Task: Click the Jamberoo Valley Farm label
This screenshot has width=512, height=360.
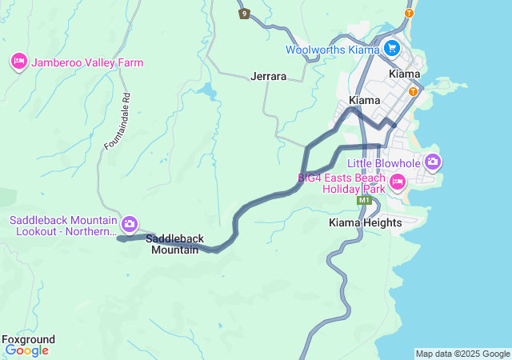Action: [87, 62]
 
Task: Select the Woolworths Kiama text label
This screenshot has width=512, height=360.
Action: [332, 50]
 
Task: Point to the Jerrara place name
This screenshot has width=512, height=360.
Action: [268, 77]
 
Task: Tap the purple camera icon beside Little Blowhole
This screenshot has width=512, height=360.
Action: [433, 162]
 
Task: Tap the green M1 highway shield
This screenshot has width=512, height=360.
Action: [364, 200]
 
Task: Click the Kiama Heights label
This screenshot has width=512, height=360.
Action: [365, 222]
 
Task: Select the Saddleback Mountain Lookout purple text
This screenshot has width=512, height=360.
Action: [64, 226]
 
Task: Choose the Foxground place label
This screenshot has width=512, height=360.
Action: [29, 339]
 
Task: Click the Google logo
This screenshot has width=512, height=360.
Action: [26, 350]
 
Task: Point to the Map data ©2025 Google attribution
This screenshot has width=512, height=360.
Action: [462, 354]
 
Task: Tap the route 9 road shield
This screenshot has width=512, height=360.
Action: [244, 14]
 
